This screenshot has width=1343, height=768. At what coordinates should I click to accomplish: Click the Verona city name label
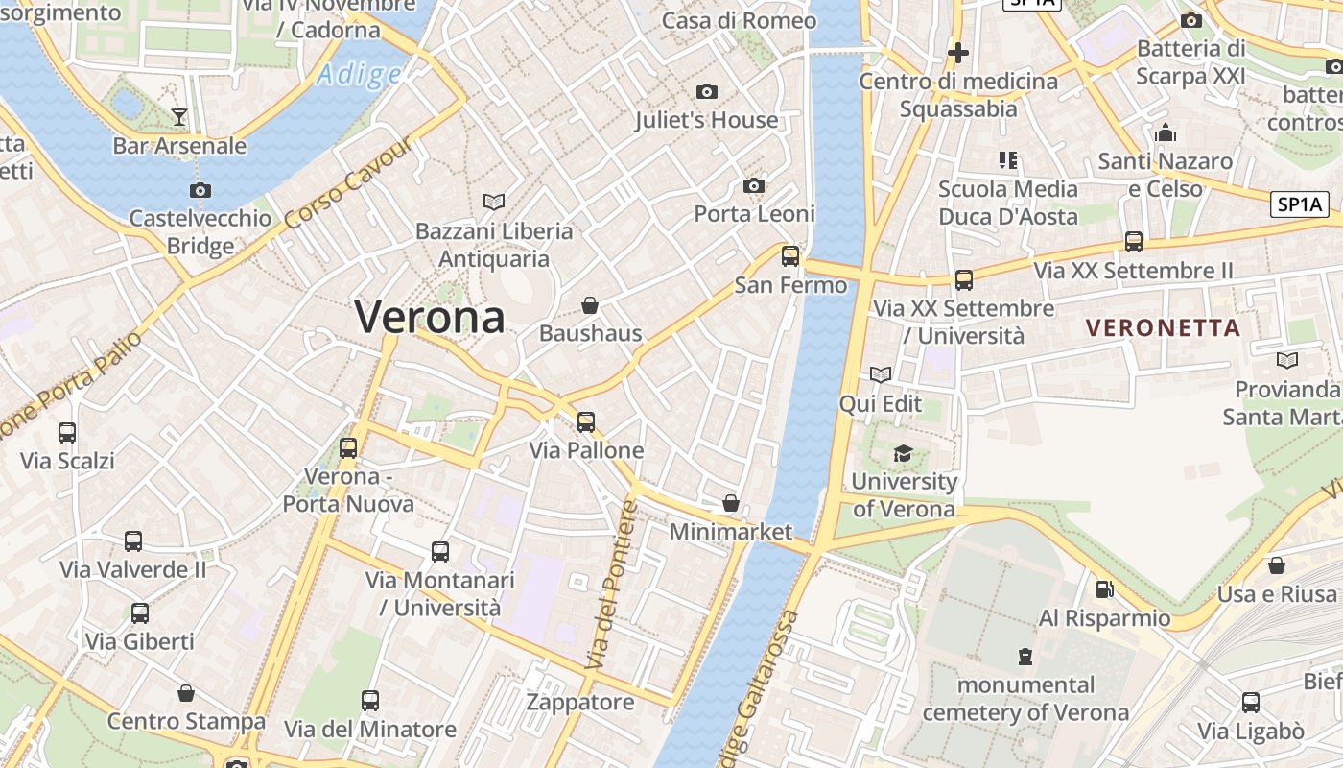coord(430,316)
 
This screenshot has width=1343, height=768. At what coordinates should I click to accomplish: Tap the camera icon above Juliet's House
coord(707,91)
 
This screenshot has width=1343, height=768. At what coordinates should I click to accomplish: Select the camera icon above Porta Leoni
coord(754,185)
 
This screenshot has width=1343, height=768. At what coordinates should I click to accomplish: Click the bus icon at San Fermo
coord(790,256)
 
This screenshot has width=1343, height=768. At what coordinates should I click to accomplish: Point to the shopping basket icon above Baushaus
coord(590,305)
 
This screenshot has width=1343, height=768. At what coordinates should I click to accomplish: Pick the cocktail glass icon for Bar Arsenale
coord(179,117)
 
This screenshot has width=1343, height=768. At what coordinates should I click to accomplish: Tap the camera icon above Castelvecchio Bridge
coord(200,190)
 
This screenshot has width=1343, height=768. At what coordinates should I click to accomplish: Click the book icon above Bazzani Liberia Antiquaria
coord(494,202)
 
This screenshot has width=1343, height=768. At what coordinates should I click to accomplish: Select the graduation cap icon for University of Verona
coord(904,453)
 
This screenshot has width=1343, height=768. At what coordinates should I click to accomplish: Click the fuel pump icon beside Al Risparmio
coord(1104,588)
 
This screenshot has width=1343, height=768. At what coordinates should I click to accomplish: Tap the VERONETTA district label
coord(1163,327)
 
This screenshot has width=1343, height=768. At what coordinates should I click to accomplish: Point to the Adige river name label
coord(360,75)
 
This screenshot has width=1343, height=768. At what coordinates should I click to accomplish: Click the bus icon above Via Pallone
coord(586,421)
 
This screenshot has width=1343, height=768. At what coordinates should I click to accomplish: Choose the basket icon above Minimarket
coord(731,503)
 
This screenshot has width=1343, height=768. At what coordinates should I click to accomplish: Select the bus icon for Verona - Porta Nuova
coord(348,447)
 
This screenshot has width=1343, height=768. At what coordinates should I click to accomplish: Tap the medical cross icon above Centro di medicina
coord(957,53)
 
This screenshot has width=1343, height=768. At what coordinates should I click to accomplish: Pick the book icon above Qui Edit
coord(881,374)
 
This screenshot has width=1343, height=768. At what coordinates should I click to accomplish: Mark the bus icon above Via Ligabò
coord(1251,703)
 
